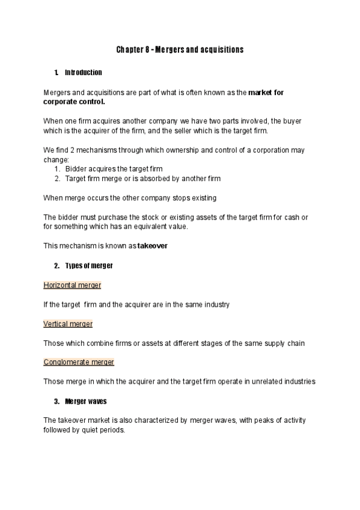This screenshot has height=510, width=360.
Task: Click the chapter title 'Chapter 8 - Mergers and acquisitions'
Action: click(x=180, y=49)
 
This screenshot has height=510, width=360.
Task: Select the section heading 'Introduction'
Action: click(x=84, y=73)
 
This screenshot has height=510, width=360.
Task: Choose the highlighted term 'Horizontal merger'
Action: click(x=72, y=284)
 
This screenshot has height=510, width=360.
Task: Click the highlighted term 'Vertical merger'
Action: click(x=68, y=324)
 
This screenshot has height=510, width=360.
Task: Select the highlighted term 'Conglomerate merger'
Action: click(x=79, y=362)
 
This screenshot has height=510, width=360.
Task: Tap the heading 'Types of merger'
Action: click(x=89, y=265)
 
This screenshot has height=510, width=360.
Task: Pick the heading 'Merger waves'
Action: click(x=85, y=401)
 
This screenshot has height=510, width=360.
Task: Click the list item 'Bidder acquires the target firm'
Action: click(x=114, y=169)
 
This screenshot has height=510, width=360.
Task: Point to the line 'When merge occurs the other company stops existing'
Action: click(x=130, y=197)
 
